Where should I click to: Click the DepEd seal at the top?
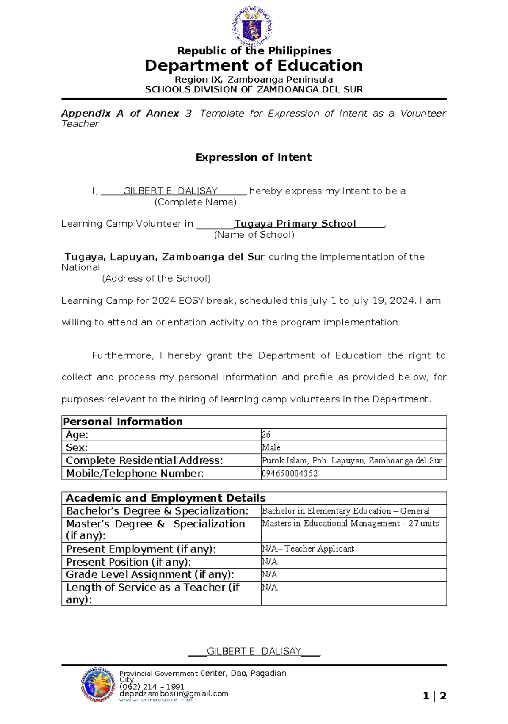point(252,26)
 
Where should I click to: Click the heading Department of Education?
point(254,66)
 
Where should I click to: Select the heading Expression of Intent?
point(253,157)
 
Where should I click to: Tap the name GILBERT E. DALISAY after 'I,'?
point(170,191)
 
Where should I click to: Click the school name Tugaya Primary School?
point(295,224)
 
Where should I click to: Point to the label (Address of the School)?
point(156,278)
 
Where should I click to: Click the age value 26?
point(266,435)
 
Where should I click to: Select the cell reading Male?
point(271,447)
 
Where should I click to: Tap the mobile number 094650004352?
point(290,473)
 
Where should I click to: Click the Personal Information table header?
point(123,422)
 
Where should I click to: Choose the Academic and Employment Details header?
point(166,498)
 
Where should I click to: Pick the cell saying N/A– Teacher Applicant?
point(308,549)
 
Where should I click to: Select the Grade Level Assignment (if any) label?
point(150,574)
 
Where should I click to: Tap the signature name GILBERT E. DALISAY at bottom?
point(254,651)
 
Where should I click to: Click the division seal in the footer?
point(98,685)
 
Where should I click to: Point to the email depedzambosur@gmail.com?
point(174,693)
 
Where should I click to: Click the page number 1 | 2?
point(434,696)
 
